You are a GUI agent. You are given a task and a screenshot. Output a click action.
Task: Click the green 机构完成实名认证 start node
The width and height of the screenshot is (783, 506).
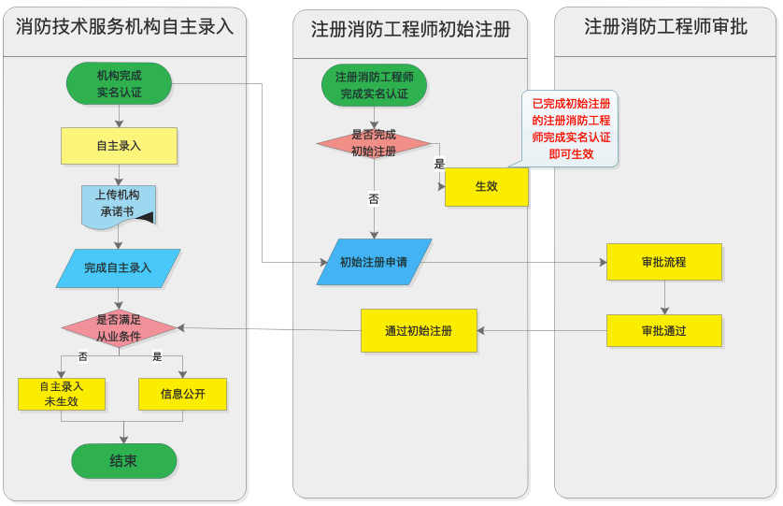(x=119, y=83)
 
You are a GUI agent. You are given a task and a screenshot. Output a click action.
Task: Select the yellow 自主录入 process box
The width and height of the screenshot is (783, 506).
(x=119, y=146)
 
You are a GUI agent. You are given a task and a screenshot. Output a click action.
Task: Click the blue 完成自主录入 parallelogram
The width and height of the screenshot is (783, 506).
(x=118, y=267)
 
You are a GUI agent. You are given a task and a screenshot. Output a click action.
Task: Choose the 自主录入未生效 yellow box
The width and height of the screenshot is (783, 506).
(x=61, y=394)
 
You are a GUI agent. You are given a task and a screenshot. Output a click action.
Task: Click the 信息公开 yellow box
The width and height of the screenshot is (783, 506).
(x=182, y=394)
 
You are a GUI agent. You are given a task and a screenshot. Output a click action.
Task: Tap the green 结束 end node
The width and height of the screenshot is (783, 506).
(x=123, y=461)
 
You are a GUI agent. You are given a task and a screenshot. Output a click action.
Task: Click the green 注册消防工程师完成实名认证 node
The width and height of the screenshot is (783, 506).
(x=374, y=85)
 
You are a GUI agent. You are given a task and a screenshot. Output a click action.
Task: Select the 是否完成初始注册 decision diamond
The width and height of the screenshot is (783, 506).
(x=374, y=143)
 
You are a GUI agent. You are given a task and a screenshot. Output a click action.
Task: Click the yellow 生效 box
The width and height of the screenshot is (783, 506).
(x=486, y=186)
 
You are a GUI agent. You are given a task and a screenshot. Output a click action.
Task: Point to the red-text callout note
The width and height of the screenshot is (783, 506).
(x=570, y=128)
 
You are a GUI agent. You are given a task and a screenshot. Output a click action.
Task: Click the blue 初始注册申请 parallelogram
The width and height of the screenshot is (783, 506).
(x=374, y=262)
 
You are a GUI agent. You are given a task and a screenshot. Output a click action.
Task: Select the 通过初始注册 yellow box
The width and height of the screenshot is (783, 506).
(x=419, y=330)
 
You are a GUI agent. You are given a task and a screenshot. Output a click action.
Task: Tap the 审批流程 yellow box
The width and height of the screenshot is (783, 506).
(x=663, y=262)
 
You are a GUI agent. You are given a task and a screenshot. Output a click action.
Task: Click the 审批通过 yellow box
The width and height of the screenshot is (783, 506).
(x=663, y=330)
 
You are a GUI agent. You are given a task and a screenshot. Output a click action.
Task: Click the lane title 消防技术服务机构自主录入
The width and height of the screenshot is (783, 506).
(x=124, y=26)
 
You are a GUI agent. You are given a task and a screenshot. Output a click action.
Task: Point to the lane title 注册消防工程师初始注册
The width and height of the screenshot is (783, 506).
(x=410, y=29)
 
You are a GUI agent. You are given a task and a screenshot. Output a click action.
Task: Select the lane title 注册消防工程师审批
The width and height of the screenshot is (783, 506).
(x=665, y=26)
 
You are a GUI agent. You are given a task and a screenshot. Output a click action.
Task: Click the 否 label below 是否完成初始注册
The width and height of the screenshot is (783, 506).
(x=374, y=199)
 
